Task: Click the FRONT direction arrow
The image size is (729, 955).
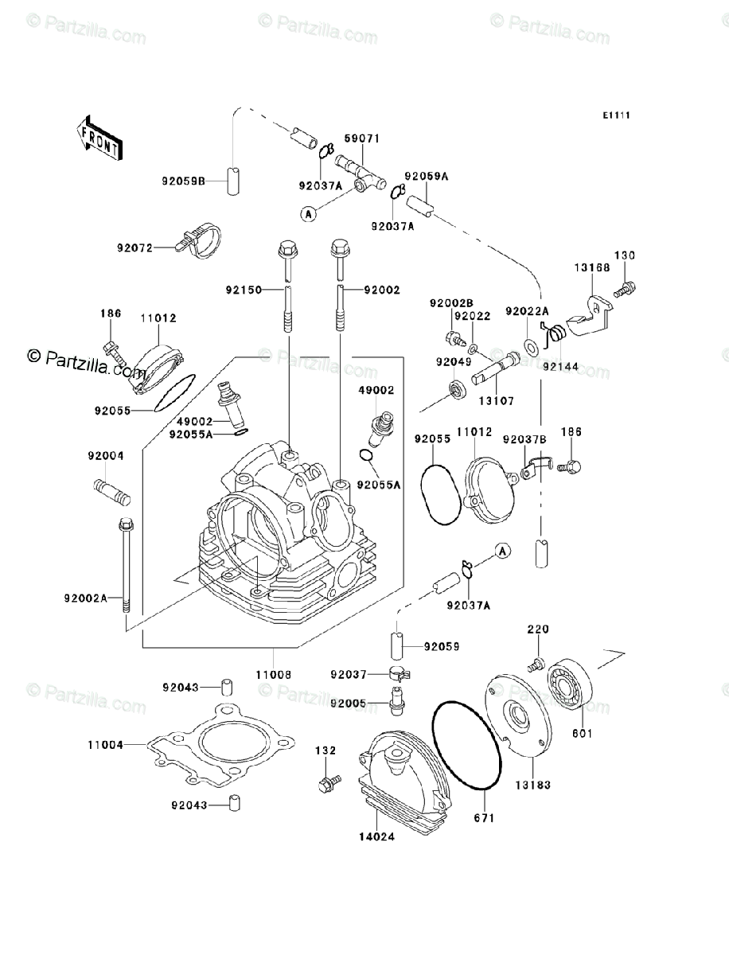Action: click(98, 135)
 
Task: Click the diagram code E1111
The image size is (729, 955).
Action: click(616, 115)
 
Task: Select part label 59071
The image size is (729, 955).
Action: click(362, 138)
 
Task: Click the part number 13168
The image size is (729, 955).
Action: click(592, 268)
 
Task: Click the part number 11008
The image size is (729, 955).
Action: click(273, 674)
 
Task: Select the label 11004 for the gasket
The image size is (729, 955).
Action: click(105, 746)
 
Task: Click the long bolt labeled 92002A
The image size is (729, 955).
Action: click(126, 565)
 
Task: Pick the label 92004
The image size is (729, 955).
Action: click(105, 456)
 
